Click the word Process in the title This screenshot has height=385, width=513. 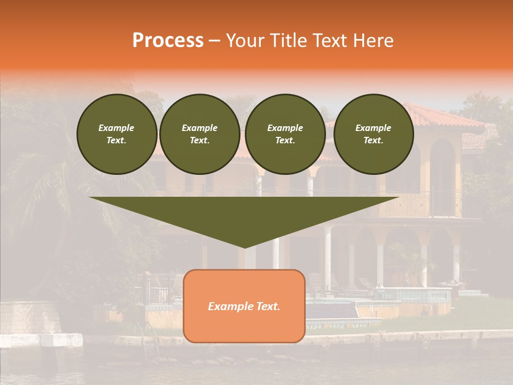click(168, 41)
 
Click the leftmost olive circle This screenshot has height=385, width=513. click(116, 134)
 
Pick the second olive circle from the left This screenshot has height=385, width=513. click(199, 134)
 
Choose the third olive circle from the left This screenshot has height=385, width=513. click(285, 134)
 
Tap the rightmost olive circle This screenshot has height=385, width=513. click(373, 134)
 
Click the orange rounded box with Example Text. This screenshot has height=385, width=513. click(244, 306)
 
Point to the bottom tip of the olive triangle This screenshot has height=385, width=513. click(244, 248)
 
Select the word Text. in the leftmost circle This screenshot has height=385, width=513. click(116, 141)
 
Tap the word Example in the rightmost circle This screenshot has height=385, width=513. click(373, 128)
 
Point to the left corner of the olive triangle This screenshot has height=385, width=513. click(90, 198)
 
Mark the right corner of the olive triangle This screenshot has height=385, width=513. click(398, 198)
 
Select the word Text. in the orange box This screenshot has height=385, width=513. click(267, 306)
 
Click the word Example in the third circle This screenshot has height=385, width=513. click(285, 128)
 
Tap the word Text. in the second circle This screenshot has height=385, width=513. click(199, 141)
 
